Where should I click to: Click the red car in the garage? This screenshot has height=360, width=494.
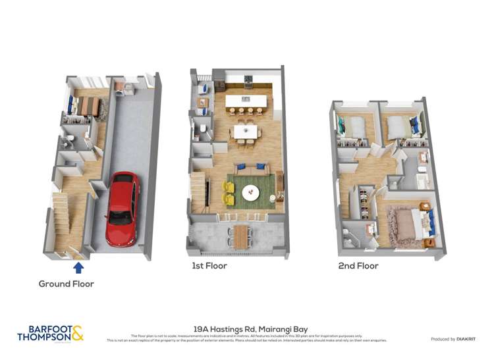pyautogui.click(x=123, y=208)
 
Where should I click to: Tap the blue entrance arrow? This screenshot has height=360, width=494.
pyautogui.click(x=78, y=267)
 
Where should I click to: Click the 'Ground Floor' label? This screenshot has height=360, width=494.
pyautogui.click(x=66, y=284)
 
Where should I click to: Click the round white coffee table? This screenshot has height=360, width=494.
pyautogui.click(x=251, y=193)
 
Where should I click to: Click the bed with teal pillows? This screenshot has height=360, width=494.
pyautogui.click(x=350, y=127)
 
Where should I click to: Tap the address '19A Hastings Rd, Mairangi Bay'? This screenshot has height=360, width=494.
pyautogui.click(x=250, y=329)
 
